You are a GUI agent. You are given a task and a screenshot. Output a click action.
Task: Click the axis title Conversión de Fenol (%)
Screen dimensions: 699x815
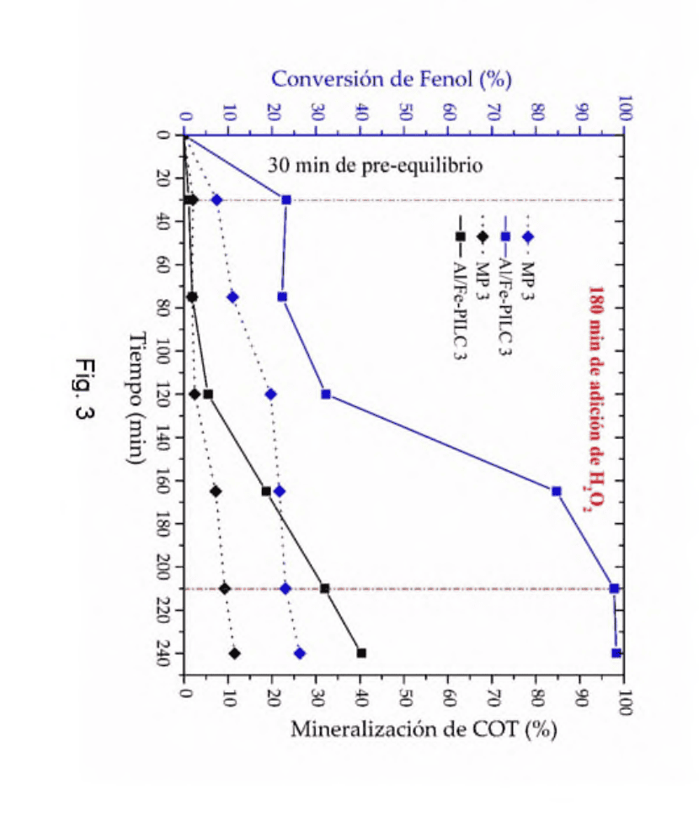click(x=392, y=79)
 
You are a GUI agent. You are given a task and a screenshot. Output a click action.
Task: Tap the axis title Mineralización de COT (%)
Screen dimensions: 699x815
click(x=424, y=729)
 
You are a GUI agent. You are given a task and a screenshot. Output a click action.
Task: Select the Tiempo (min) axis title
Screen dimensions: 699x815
click(x=136, y=398)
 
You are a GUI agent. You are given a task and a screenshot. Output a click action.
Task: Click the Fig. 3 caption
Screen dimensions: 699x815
click(x=84, y=389)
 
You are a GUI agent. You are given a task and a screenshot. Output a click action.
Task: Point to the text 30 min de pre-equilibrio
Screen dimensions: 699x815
click(x=376, y=166)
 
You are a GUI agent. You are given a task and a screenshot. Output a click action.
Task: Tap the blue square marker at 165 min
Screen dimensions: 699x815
click(x=556, y=491)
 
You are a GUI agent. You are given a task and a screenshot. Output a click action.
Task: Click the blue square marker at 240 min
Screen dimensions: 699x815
click(x=616, y=653)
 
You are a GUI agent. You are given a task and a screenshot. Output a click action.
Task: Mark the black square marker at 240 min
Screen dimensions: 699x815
click(x=361, y=653)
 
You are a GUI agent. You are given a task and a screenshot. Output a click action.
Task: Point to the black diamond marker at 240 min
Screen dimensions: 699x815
click(x=235, y=654)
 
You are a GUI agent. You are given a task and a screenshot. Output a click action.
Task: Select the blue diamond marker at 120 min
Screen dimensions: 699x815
click(x=270, y=394)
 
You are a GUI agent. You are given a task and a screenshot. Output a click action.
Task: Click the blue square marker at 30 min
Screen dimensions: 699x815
click(x=285, y=199)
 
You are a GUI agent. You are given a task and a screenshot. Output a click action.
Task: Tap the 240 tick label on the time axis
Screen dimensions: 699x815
click(x=163, y=654)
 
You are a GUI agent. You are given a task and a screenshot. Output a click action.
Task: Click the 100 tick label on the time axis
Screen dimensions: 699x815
click(x=163, y=351)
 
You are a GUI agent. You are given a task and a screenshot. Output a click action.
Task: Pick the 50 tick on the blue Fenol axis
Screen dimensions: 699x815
click(x=405, y=112)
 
